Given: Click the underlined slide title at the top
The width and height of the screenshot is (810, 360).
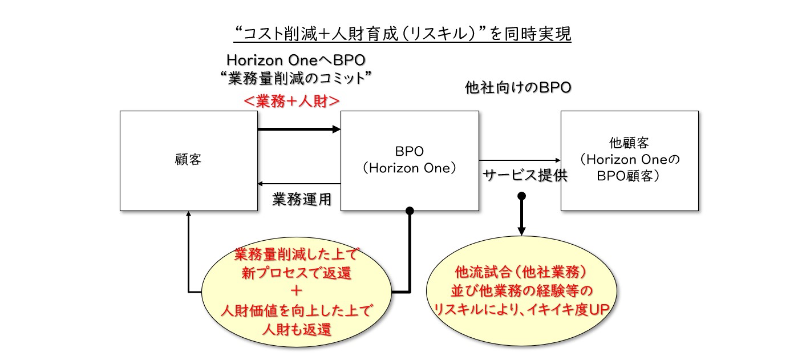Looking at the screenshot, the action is click(x=402, y=34).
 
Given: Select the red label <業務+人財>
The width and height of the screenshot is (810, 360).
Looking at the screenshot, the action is click(x=291, y=102).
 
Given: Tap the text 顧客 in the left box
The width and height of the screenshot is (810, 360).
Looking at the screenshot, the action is click(x=188, y=159).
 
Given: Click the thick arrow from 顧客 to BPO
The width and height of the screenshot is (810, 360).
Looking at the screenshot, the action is click(x=299, y=129).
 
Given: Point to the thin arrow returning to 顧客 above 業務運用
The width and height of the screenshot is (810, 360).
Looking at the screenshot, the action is click(x=299, y=184).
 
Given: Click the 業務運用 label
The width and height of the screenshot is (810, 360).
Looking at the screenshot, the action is click(x=302, y=199).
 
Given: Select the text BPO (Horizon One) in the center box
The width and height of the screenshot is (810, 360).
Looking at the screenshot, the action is click(x=410, y=160).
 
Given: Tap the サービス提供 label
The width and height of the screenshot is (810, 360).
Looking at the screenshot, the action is click(x=525, y=176).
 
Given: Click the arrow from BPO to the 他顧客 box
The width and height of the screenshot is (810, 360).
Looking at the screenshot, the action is click(x=520, y=160).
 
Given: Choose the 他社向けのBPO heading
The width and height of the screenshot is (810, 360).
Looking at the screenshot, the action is click(x=518, y=87).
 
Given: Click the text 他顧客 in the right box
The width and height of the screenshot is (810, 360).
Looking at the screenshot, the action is click(x=629, y=143).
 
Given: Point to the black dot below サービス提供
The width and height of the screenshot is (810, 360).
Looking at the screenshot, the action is click(x=521, y=196).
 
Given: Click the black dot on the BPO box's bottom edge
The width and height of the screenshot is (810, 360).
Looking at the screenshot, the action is click(x=410, y=211).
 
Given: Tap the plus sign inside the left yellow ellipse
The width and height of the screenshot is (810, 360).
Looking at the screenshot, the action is click(x=296, y=290).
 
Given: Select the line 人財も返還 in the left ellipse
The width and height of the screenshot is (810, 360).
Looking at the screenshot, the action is click(x=297, y=329).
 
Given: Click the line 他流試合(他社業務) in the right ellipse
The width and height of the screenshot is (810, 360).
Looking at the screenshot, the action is click(x=521, y=272).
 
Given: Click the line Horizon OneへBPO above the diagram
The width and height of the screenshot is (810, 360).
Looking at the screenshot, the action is click(x=296, y=60).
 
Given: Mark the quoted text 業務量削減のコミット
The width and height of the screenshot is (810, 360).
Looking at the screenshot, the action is click(x=296, y=78).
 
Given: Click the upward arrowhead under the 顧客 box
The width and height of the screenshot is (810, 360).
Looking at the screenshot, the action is click(x=188, y=213).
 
